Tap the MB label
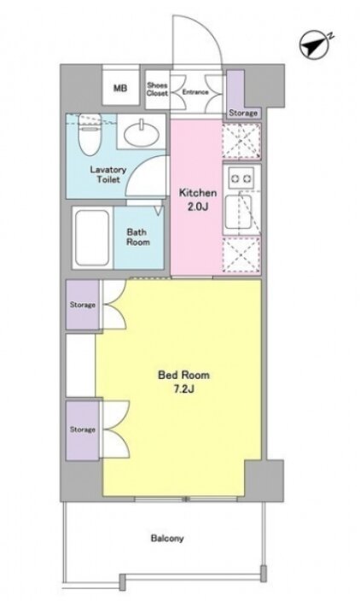coord(120,88)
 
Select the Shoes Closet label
coord(157,90)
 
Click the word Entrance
coord(195,92)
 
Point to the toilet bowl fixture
coord(90,134)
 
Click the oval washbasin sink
coord(142,133)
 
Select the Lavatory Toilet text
coord(108,175)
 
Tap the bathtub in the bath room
coord(92,237)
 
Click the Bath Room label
coord(138,237)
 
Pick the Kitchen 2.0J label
coord(198,200)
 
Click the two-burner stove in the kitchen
coord(241,178)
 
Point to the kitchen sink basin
coord(239,213)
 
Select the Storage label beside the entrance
coord(243,113)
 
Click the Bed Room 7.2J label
coord(183,382)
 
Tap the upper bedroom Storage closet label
coord(83,305)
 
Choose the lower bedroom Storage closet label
coord(83,429)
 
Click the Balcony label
coord(167,539)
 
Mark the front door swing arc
coord(208,28)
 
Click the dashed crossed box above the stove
coord(241,141)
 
